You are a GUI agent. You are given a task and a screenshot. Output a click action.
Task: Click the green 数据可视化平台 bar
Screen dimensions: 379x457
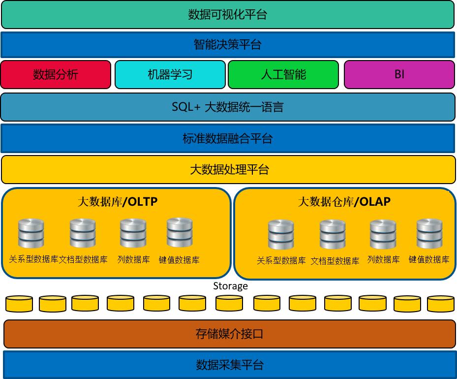(228, 15)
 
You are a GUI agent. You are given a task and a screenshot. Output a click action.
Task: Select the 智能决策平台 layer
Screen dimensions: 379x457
(228, 45)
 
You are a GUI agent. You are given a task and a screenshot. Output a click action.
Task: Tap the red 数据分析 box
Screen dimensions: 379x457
(56, 75)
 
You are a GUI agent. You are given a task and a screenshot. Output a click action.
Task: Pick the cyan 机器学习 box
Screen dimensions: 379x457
(170, 75)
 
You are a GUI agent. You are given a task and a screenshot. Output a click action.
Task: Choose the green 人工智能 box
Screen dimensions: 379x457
(283, 75)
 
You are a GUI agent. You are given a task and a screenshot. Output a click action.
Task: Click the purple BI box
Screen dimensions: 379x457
(399, 75)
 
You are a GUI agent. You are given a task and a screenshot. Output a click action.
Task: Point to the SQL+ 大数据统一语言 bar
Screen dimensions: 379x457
(228, 107)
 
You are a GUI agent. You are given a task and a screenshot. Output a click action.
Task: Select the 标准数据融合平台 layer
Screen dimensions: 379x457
(228, 138)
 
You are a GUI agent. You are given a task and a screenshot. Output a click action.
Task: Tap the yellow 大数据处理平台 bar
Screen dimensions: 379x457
(229, 170)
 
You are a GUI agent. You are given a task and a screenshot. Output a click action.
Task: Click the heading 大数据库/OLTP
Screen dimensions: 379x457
(118, 201)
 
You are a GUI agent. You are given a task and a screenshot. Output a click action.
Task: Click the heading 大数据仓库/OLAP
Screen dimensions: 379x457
(344, 202)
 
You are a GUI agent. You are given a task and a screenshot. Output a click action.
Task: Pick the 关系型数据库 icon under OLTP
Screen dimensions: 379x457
(31, 233)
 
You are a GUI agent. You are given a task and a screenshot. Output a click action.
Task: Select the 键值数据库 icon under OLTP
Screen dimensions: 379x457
(180, 232)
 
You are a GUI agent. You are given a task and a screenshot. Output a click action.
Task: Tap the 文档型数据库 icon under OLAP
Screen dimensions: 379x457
(333, 234)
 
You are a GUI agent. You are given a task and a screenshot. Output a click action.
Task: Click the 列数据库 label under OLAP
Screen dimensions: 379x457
(383, 259)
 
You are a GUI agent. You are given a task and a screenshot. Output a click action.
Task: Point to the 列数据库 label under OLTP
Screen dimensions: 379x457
(133, 259)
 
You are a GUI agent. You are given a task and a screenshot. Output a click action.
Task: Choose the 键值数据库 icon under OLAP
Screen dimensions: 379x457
(429, 234)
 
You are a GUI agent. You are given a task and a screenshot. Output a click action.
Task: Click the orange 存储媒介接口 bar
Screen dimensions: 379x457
(229, 334)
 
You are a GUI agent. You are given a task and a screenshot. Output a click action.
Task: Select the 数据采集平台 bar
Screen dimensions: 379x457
(230, 365)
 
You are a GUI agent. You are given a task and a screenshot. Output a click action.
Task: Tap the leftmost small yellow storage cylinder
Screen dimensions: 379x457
(19, 304)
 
